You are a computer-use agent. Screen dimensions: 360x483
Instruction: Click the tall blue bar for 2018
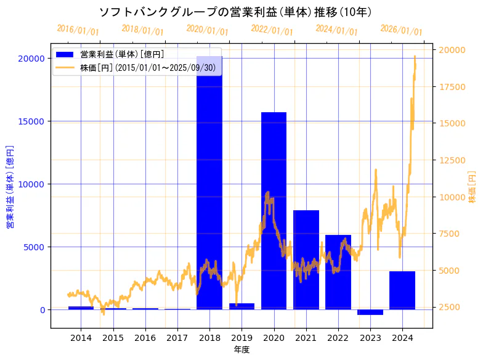(209, 185)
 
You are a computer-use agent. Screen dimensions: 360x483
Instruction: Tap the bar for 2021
(306, 259)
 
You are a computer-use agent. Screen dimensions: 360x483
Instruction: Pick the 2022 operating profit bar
(338, 271)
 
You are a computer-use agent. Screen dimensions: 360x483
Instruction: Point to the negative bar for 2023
(370, 312)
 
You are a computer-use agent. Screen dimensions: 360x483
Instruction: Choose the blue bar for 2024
(402, 290)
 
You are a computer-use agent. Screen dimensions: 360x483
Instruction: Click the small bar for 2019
(241, 306)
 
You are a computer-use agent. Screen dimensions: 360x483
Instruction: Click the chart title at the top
(235, 12)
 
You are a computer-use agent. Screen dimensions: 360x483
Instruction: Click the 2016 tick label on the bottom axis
(145, 338)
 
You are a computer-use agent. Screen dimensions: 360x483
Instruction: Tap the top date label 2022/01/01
(272, 30)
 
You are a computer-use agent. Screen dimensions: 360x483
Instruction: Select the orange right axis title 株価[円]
(472, 187)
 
